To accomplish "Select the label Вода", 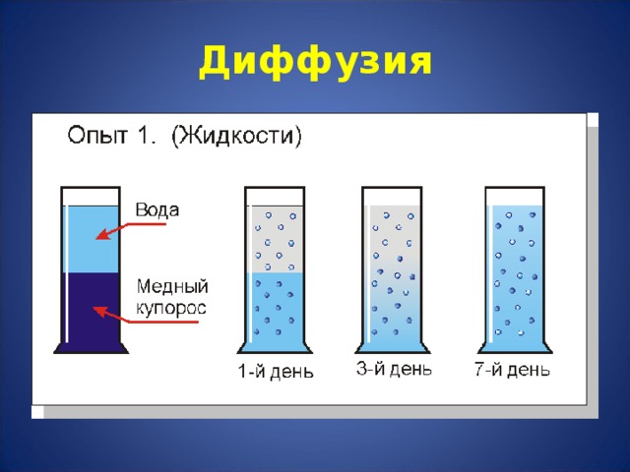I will click(157, 210).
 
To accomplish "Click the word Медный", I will click(171, 287).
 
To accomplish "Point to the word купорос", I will click(171, 308).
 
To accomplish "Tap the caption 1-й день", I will click(276, 372).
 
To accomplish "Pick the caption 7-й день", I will click(512, 370).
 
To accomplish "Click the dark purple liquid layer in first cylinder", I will click(91, 310).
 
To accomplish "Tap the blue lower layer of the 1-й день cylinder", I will click(275, 310).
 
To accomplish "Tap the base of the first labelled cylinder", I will click(91, 347).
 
